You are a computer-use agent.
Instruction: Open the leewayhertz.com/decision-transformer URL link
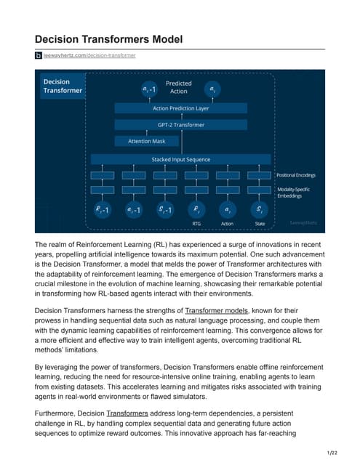pyautogui.click(x=90, y=55)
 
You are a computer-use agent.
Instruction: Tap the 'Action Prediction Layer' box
pyautogui.click(x=180, y=108)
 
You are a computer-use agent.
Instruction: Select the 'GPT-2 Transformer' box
pyautogui.click(x=180, y=124)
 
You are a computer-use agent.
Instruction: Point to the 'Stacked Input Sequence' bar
pyautogui.click(x=180, y=159)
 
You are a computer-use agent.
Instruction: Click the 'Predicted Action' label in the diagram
pyautogui.click(x=179, y=88)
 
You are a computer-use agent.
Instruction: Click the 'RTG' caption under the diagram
pyautogui.click(x=195, y=224)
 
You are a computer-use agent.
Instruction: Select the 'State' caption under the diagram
pyautogui.click(x=259, y=224)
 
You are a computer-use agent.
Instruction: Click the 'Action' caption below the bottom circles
pyautogui.click(x=227, y=224)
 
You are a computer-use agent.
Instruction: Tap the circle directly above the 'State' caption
pyautogui.click(x=259, y=210)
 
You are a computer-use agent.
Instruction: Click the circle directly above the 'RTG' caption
pyautogui.click(x=195, y=210)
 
